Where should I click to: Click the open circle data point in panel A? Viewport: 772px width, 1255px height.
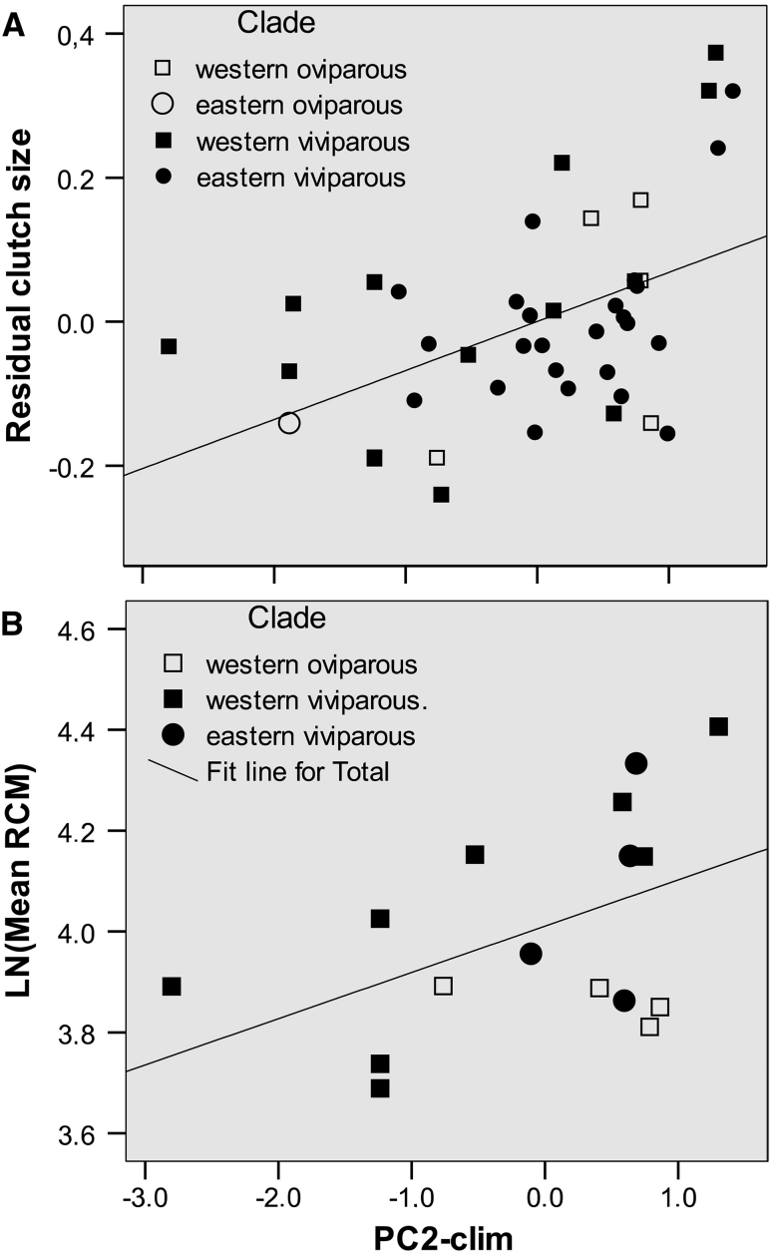coord(289,423)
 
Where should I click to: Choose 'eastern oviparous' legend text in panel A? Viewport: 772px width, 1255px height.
coord(299,106)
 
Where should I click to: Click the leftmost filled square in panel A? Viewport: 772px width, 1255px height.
coord(169,346)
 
